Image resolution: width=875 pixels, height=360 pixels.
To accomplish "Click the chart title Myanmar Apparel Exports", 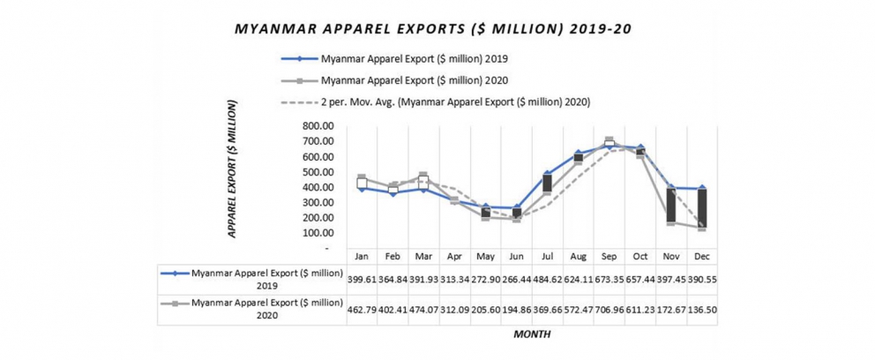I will pyautogui.click(x=432, y=29).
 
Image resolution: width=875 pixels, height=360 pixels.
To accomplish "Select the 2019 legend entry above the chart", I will pyautogui.click(x=415, y=60).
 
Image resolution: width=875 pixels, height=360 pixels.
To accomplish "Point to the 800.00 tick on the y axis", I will pyautogui.click(x=317, y=126).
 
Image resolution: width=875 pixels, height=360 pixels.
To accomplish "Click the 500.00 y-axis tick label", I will pyautogui.click(x=317, y=172).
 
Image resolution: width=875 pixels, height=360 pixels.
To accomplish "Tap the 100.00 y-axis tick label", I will pyautogui.click(x=317, y=233).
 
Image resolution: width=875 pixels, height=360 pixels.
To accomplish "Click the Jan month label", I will pyautogui.click(x=362, y=256).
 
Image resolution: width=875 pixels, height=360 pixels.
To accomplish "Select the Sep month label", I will pyautogui.click(x=609, y=256).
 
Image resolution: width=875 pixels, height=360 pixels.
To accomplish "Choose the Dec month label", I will pyautogui.click(x=702, y=256).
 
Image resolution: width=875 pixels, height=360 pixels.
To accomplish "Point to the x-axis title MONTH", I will pyautogui.click(x=532, y=334).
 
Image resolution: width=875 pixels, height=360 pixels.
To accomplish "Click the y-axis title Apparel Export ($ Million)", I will pyautogui.click(x=233, y=169).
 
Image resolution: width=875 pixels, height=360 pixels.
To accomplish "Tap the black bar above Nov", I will pyautogui.click(x=671, y=206).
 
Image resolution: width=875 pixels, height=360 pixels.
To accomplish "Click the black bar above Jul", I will pyautogui.click(x=547, y=184).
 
